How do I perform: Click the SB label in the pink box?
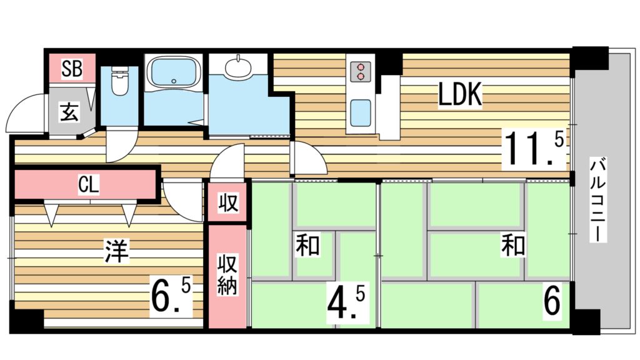coord(72,69)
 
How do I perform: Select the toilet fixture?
coord(119,81)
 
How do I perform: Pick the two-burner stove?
coord(361,72)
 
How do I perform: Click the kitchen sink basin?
coord(361,113)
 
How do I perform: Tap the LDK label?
coord(460,95)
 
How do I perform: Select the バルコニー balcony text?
coord(597,201)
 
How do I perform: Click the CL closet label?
coord(89,185)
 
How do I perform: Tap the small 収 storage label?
coord(227,202)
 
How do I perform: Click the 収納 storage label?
coord(227,274)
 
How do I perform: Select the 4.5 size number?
coord(346,302)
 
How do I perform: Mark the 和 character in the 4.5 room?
coord(307,244)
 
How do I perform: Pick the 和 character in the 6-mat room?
coord(514,245)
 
